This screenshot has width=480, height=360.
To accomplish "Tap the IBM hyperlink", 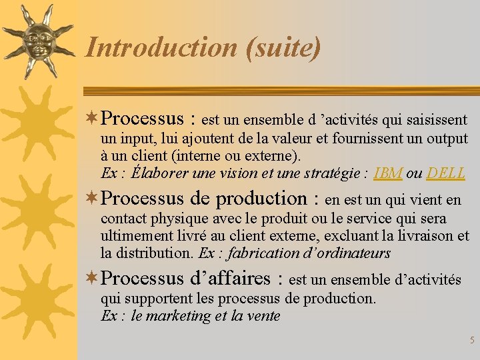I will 388,173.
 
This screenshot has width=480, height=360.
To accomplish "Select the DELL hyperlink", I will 446,173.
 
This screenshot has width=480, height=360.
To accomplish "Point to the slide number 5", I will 472,341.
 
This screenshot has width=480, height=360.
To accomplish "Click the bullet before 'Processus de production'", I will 93,198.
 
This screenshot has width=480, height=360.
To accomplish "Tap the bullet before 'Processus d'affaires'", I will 93,278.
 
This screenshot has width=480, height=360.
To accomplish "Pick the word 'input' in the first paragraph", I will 137,139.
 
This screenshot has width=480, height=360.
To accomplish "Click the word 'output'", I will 446,139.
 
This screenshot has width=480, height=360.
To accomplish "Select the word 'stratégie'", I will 333,173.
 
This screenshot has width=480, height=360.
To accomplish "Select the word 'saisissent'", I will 436,120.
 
